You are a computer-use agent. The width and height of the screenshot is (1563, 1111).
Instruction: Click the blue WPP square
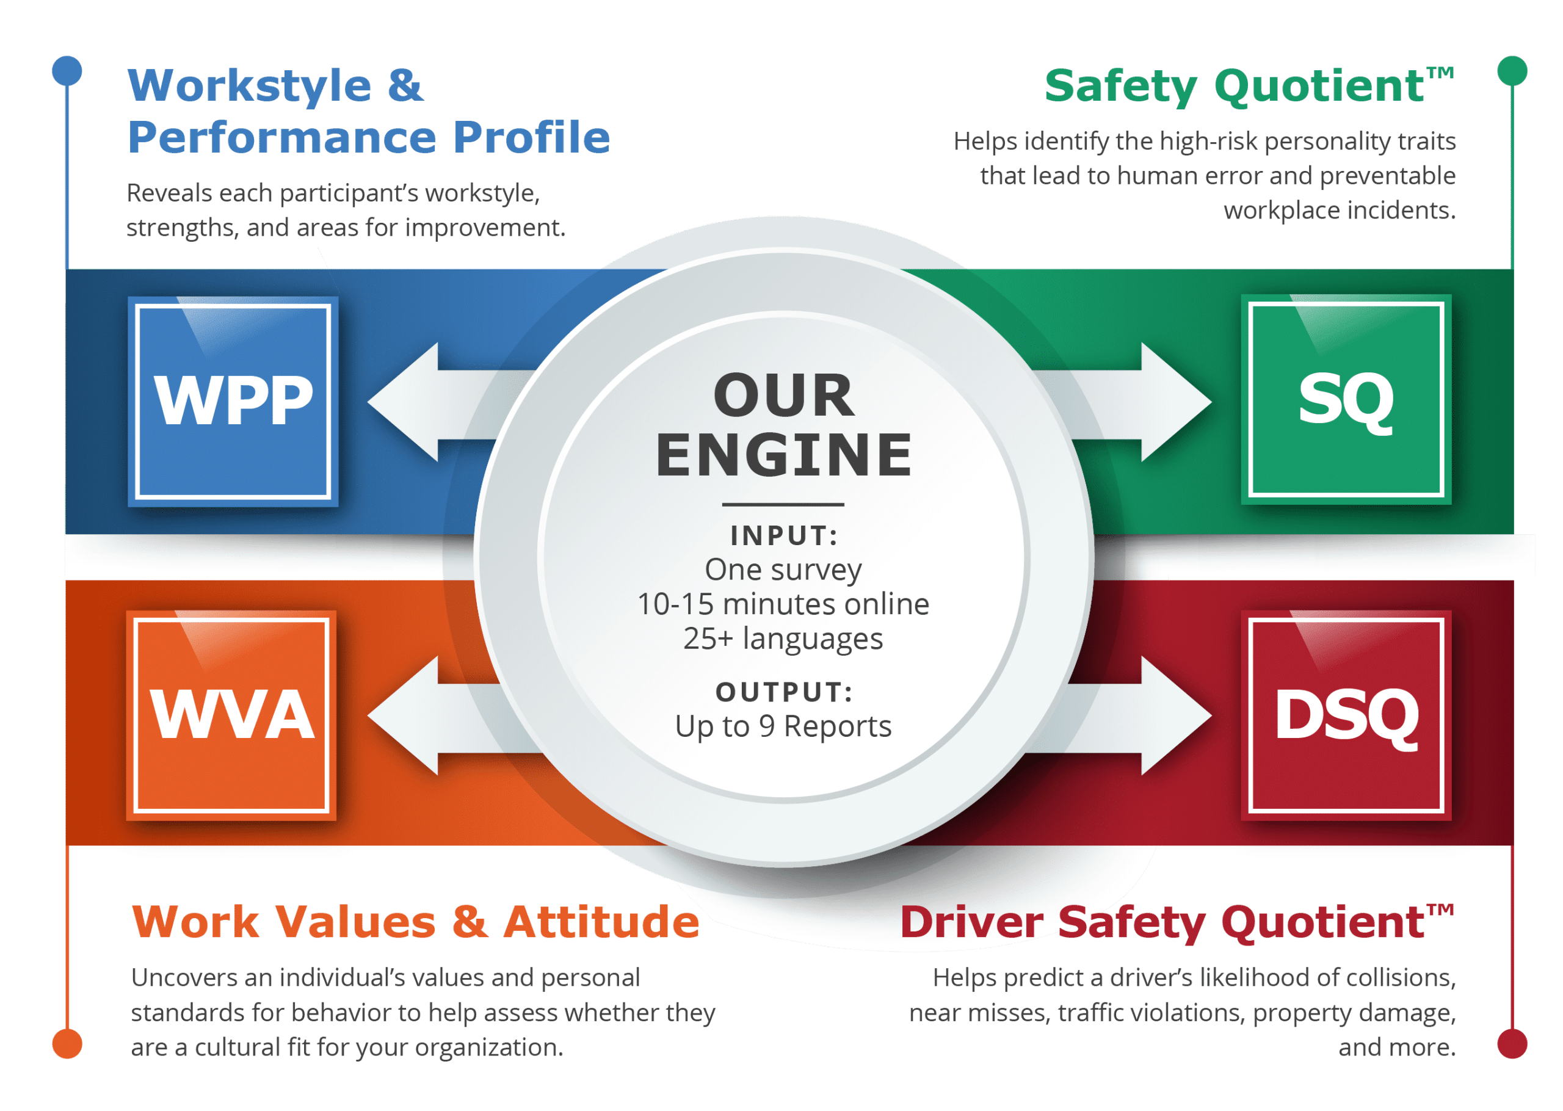[233, 401]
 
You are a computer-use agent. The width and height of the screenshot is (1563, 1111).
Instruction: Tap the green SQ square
[1346, 399]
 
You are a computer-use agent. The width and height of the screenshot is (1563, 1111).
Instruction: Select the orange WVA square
[231, 715]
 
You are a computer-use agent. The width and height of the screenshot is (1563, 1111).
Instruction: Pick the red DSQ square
[1346, 715]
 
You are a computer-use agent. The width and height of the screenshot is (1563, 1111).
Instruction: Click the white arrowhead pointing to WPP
[404, 402]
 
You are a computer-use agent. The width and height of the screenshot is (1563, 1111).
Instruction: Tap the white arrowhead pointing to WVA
[404, 715]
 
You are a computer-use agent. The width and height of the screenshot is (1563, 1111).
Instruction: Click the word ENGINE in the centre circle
[783, 455]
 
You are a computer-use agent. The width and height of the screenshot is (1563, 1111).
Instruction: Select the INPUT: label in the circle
[784, 536]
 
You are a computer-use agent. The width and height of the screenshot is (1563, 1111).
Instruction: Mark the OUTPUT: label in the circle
[784, 692]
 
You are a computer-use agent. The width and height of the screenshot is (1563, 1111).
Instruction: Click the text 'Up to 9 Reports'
[783, 726]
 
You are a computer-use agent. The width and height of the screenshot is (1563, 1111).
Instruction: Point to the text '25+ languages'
[783, 639]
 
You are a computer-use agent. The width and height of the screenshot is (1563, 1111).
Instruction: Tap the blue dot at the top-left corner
[67, 70]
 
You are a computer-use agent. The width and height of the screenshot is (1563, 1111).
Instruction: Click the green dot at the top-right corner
[1512, 70]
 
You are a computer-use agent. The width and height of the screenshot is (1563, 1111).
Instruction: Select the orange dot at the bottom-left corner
[67, 1044]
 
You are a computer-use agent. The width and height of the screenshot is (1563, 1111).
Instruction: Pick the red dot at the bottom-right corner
[1512, 1044]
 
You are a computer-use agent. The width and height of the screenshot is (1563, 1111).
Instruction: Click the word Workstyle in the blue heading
[250, 87]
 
